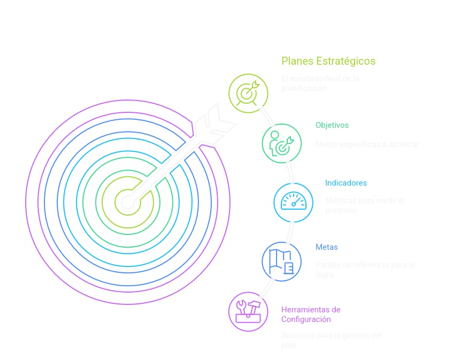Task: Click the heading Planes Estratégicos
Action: (328, 61)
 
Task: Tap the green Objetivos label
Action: (332, 125)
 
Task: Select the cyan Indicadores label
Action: (346, 183)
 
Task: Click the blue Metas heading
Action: (326, 247)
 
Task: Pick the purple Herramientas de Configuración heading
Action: (311, 315)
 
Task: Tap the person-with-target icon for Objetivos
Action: (282, 143)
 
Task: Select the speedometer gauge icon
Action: (293, 202)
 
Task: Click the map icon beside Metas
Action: (281, 261)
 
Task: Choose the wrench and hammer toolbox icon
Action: (248, 311)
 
